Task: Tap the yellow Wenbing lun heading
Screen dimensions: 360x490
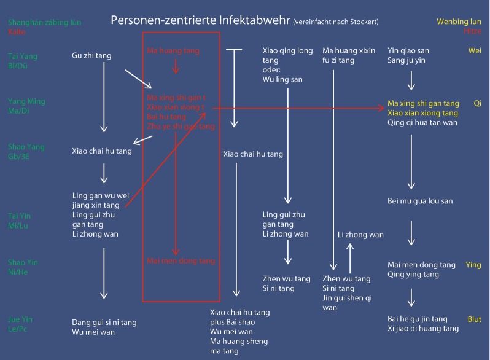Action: tap(459, 22)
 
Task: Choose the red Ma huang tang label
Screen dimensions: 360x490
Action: tap(176, 50)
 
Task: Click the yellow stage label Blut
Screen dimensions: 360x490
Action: tap(473, 319)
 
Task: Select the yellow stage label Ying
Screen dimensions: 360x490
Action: tap(473, 265)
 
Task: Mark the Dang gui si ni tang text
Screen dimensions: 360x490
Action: tap(104, 322)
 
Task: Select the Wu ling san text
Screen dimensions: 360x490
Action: tap(282, 79)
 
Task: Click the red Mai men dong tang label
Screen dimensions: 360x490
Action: tap(181, 260)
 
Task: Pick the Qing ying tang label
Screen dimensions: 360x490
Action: tap(413, 275)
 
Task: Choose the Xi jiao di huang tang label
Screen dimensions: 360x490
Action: tap(423, 329)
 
